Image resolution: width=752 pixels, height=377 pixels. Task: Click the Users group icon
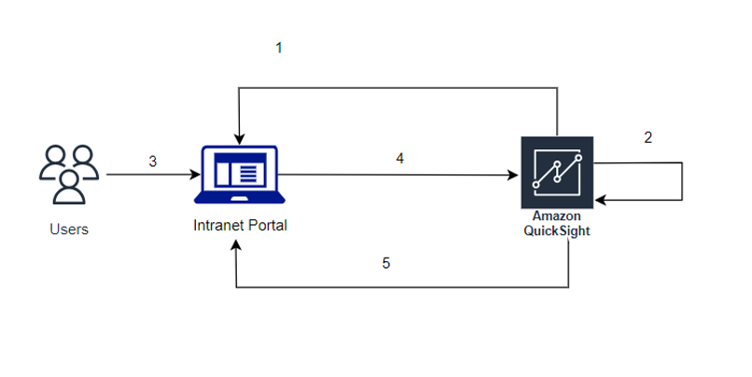pyautogui.click(x=68, y=174)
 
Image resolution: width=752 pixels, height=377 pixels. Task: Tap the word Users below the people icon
pyautogui.click(x=68, y=229)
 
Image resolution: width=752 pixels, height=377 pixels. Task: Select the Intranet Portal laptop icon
pyautogui.click(x=240, y=175)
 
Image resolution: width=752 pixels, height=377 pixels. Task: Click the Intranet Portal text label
pyautogui.click(x=240, y=225)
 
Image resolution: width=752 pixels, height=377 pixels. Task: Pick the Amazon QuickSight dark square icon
pyautogui.click(x=557, y=174)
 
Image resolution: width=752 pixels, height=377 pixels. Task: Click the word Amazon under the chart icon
pyautogui.click(x=557, y=216)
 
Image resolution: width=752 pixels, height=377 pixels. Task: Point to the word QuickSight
pyautogui.click(x=557, y=230)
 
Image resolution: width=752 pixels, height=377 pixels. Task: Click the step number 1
pyautogui.click(x=278, y=48)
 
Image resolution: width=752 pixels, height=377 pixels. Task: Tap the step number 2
pyautogui.click(x=648, y=137)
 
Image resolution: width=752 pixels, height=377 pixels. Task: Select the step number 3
pyautogui.click(x=153, y=161)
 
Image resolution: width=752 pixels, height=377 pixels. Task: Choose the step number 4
pyautogui.click(x=399, y=159)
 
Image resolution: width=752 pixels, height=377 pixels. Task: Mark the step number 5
pyautogui.click(x=386, y=263)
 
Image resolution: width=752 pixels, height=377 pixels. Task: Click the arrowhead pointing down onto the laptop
pyautogui.click(x=240, y=140)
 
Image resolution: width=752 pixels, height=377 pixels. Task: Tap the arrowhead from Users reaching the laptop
pyautogui.click(x=196, y=175)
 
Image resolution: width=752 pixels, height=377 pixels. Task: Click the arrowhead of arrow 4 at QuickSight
pyautogui.click(x=515, y=175)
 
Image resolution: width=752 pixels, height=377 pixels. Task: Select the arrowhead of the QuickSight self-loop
pyautogui.click(x=600, y=200)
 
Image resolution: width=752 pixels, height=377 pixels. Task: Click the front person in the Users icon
pyautogui.click(x=68, y=185)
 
